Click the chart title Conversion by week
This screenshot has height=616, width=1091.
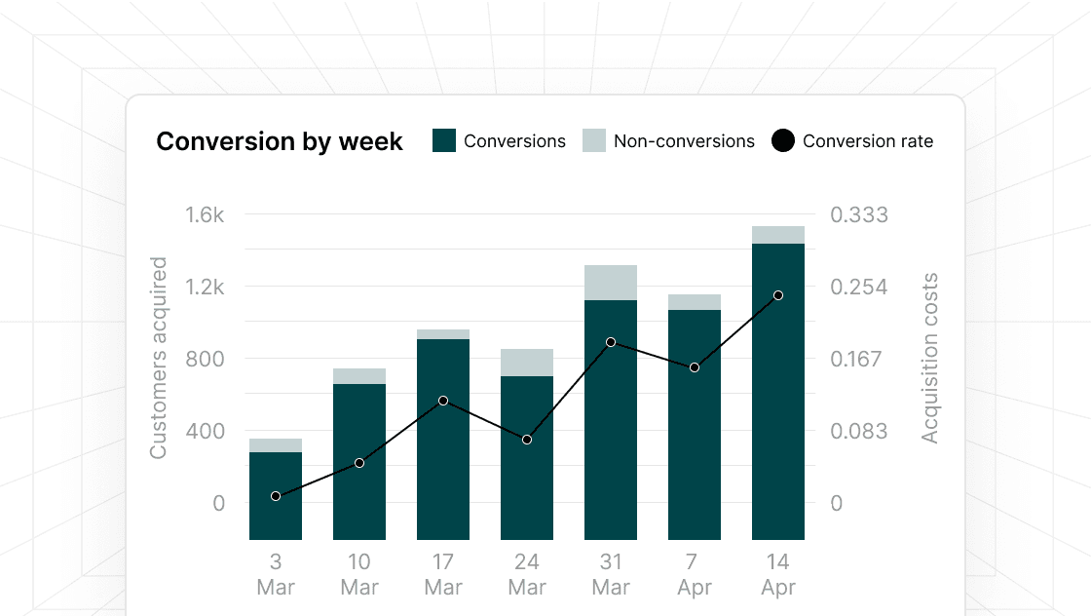tap(280, 141)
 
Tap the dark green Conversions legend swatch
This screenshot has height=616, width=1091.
tap(444, 140)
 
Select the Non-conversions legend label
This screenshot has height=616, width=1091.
tap(684, 141)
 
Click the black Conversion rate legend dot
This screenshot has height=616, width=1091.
tap(782, 140)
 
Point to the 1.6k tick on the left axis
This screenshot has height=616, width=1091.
tap(205, 214)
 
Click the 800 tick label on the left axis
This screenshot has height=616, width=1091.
tap(205, 359)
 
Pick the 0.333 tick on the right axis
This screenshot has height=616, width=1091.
tap(858, 214)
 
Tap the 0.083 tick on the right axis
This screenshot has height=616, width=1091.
tap(858, 431)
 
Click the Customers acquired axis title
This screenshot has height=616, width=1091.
tap(159, 358)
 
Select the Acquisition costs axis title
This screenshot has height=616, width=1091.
tap(930, 358)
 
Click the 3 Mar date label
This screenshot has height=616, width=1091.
tap(276, 575)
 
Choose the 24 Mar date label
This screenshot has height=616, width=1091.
tap(527, 575)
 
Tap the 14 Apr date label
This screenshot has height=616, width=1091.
tap(778, 575)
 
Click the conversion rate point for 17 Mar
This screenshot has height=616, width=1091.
tap(443, 401)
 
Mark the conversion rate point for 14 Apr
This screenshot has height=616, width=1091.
tap(778, 295)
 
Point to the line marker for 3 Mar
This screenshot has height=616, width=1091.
tap(276, 496)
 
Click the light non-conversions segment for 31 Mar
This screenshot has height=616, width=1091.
tap(611, 283)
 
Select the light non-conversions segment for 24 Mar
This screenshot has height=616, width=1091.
tap(527, 363)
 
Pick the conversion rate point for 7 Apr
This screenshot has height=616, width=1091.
tap(695, 367)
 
